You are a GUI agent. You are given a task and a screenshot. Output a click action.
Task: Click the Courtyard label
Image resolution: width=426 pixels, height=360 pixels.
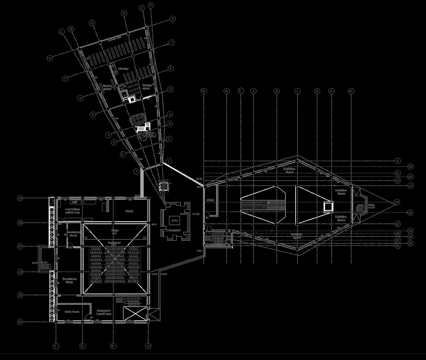175,230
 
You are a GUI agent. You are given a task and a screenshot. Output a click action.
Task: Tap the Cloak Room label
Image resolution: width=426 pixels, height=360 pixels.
72,312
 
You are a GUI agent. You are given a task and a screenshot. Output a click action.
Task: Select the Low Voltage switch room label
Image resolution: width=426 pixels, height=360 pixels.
73,211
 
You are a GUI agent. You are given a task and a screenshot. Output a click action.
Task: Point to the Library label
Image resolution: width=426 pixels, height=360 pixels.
123,69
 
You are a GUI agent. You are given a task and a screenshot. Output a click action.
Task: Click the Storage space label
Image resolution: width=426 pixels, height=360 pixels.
146,87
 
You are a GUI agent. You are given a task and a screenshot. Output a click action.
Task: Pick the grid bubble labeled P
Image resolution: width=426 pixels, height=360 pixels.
56,346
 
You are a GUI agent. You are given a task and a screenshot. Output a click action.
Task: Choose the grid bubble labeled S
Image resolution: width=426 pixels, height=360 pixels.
148,346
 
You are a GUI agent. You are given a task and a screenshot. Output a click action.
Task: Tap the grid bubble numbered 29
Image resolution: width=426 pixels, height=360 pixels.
20,198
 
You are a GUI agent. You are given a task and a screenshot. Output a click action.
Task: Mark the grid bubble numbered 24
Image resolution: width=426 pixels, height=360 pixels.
20,322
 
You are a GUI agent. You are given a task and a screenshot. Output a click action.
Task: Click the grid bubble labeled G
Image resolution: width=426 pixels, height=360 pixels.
204,91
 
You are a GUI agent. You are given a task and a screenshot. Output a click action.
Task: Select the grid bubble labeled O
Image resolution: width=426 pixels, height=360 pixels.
351,91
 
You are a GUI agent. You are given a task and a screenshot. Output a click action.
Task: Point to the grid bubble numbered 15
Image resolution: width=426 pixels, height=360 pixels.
397,202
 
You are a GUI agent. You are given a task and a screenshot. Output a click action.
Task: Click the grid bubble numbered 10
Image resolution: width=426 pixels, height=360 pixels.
410,166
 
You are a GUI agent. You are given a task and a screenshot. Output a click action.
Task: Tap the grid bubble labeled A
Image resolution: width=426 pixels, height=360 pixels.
62,32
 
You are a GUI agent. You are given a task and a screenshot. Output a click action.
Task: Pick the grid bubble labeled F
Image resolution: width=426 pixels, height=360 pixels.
150,5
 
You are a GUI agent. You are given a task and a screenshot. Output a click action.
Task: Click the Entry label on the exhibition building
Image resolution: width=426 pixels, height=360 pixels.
371,206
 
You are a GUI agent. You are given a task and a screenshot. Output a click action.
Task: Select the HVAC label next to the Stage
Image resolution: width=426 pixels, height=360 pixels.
130,211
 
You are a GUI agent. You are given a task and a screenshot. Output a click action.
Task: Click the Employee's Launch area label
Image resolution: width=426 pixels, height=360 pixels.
104,312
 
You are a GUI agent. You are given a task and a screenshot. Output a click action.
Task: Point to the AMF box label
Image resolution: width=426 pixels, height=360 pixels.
74,202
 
